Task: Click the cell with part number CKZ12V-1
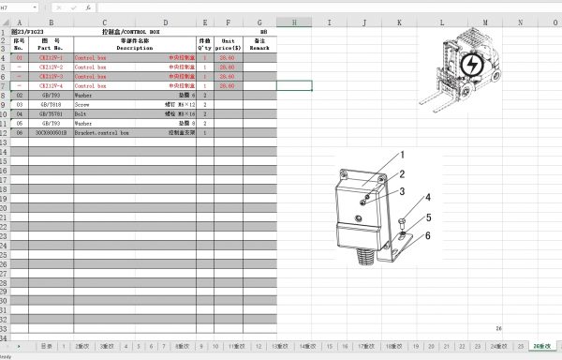(51, 57)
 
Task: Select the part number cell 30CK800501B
(51, 132)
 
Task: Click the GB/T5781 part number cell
(51, 113)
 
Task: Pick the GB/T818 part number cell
(51, 104)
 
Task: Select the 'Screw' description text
(83, 104)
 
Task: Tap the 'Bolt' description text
(81, 113)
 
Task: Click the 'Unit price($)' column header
(228, 44)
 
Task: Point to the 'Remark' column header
(261, 44)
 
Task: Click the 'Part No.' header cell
(51, 44)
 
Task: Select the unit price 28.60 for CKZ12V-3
(227, 76)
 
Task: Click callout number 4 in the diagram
(429, 198)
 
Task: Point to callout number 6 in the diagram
(429, 236)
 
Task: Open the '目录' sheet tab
(46, 345)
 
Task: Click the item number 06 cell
(19, 132)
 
